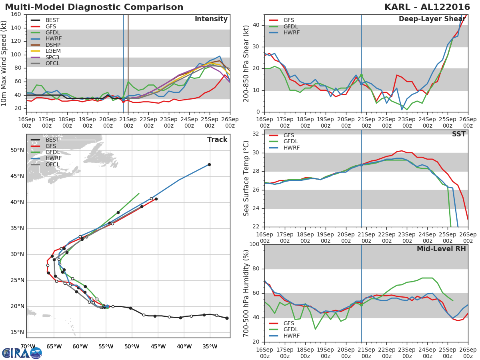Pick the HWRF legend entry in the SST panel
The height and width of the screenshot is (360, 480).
click(292, 148)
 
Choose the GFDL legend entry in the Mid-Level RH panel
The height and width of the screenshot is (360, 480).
click(292, 330)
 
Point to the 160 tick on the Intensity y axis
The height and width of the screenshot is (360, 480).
click(16, 14)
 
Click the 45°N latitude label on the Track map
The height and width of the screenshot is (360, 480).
click(17, 176)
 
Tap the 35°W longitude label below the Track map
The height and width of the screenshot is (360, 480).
click(210, 346)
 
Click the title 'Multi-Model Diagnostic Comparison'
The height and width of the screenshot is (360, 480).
click(94, 7)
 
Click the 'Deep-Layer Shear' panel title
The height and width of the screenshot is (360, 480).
click(432, 19)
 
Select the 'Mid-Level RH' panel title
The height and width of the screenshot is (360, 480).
click(441, 249)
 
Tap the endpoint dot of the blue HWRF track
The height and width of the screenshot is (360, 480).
click(209, 164)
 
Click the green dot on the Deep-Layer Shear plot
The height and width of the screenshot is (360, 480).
click(361, 75)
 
